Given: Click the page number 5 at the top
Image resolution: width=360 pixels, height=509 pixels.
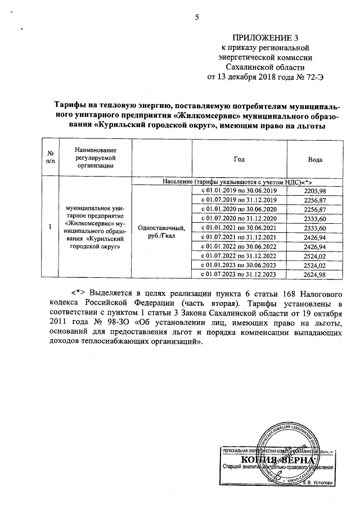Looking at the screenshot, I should point(197,17).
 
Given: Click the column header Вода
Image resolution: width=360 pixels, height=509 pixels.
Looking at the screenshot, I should point(315,160).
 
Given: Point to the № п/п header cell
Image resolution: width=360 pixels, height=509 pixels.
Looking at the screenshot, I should point(50,157).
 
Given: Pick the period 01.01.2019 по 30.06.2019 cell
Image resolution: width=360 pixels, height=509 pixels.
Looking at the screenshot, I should point(239,191).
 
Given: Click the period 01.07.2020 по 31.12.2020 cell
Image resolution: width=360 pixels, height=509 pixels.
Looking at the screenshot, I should point(239,218).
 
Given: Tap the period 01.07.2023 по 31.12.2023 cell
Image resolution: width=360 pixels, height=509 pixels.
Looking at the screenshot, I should point(239,274).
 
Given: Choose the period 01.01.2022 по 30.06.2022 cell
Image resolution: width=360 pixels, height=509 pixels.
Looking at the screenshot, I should point(239,246).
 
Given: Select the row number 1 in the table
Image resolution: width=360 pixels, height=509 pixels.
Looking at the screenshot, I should point(50,227).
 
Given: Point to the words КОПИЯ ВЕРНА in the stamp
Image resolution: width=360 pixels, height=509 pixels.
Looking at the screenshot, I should point(274,460).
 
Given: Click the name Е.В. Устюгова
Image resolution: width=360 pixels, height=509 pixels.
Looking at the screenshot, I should point(316,482).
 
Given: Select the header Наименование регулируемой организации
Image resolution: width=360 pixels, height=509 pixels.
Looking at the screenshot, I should point(94,157).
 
